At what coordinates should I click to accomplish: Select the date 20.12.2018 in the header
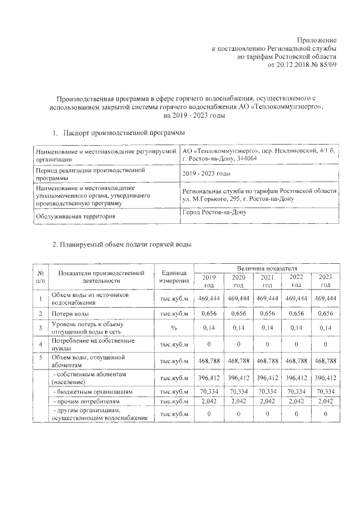(x=291, y=65)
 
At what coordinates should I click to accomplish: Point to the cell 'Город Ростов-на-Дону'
(x=214, y=212)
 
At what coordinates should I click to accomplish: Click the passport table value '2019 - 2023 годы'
(x=206, y=173)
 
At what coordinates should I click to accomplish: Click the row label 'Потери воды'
(x=71, y=313)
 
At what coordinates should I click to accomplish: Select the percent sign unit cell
(x=174, y=328)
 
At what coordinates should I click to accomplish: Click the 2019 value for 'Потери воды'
(x=208, y=313)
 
